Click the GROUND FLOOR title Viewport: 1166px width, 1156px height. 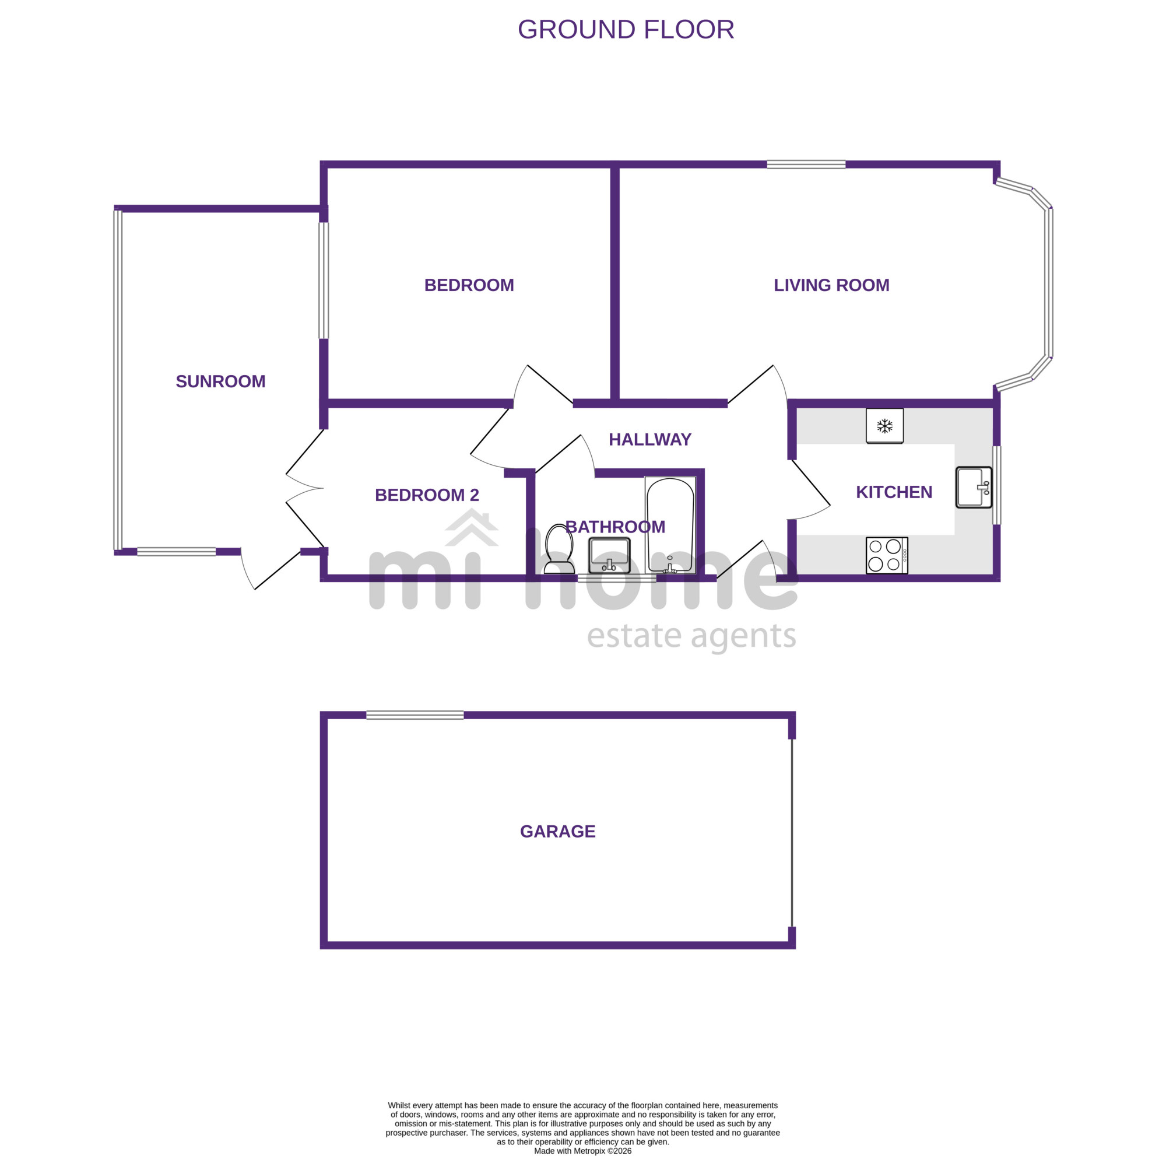(626, 30)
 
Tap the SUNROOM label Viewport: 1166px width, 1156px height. (220, 381)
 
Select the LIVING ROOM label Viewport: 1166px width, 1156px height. (831, 286)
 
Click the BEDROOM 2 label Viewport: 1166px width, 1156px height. (427, 495)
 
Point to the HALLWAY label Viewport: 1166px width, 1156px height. (649, 439)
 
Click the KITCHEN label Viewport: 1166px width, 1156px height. (894, 492)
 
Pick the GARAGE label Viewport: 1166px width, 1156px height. (558, 831)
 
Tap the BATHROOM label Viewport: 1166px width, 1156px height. (615, 527)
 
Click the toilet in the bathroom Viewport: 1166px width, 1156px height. (559, 549)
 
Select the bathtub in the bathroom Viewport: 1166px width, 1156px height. (670, 524)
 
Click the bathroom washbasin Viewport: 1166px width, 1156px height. (609, 555)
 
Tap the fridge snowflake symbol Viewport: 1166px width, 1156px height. (884, 426)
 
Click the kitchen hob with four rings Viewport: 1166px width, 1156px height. (887, 555)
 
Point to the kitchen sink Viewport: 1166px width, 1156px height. (974, 487)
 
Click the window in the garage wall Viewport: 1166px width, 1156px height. (415, 715)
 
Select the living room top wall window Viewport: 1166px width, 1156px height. (806, 164)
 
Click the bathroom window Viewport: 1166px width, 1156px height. (617, 579)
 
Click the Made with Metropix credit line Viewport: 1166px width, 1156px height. (582, 1151)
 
